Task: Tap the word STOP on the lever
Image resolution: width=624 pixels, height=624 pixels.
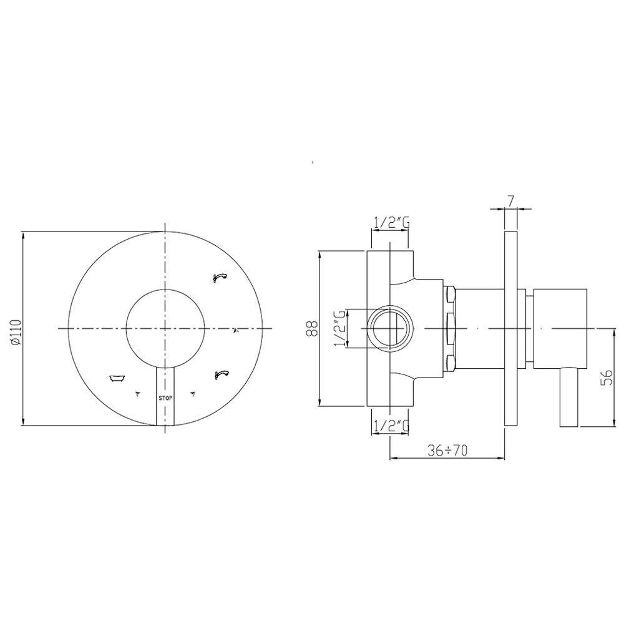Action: point(165,398)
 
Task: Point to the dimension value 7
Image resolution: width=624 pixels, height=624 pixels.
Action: point(511,200)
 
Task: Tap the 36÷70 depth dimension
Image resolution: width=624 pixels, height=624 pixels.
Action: point(447,451)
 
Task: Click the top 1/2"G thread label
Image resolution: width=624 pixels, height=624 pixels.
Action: point(391,223)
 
